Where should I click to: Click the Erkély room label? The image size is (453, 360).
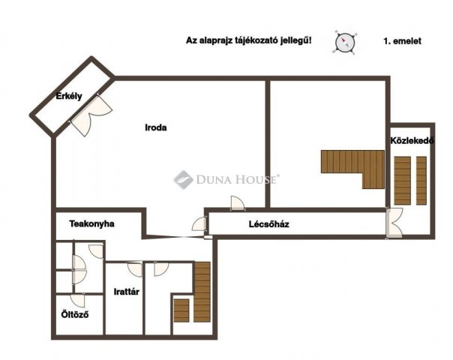[x=69, y=96]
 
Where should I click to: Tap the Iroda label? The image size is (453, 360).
[x=156, y=127]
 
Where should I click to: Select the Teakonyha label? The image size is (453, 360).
[x=91, y=223]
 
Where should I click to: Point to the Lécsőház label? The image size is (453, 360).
[x=269, y=224]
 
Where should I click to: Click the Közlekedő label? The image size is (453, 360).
[x=412, y=141]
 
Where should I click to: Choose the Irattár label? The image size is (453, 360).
[x=127, y=292]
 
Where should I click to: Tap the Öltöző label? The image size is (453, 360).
[x=75, y=314]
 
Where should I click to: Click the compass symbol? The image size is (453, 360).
[x=345, y=43]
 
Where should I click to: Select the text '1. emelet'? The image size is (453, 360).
[x=402, y=41]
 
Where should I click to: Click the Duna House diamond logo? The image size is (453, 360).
[x=183, y=180]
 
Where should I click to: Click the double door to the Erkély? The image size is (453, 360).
[x=91, y=115]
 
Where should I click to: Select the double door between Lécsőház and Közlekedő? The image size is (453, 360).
[x=394, y=223]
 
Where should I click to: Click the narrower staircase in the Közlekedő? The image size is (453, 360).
[x=421, y=181]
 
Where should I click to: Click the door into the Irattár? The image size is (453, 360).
[x=135, y=268]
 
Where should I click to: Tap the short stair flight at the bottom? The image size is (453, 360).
[x=181, y=310]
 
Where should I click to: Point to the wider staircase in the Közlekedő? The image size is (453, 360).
[x=403, y=181]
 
